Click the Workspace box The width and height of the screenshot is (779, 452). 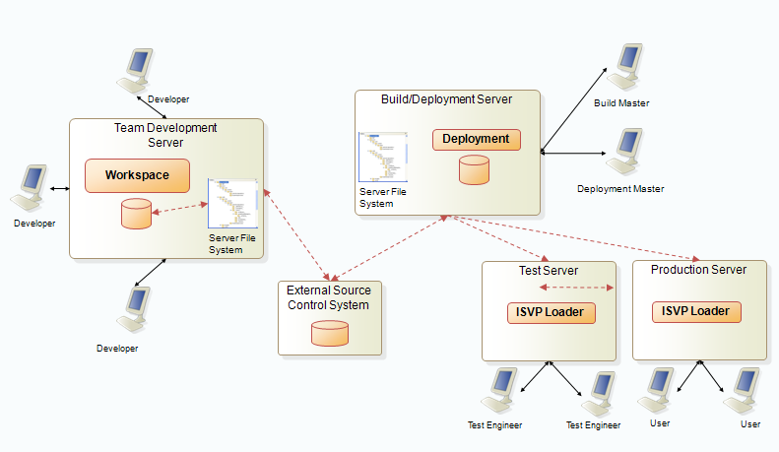(136, 175)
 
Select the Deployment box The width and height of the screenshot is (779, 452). (476, 139)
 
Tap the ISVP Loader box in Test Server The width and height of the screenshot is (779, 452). (552, 313)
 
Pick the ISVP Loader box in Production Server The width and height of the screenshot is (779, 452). (696, 311)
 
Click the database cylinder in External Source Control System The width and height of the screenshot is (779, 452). (329, 333)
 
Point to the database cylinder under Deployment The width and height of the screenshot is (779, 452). (475, 168)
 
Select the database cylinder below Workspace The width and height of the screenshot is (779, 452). (136, 213)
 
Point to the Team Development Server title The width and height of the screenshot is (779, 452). (165, 135)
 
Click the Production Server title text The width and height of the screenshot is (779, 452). (699, 270)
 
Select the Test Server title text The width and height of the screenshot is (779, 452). (549, 271)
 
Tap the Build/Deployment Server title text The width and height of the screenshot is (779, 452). (446, 98)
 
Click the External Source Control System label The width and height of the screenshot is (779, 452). (328, 297)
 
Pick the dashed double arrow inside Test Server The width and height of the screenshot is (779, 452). (578, 288)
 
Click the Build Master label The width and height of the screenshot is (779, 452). (621, 103)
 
